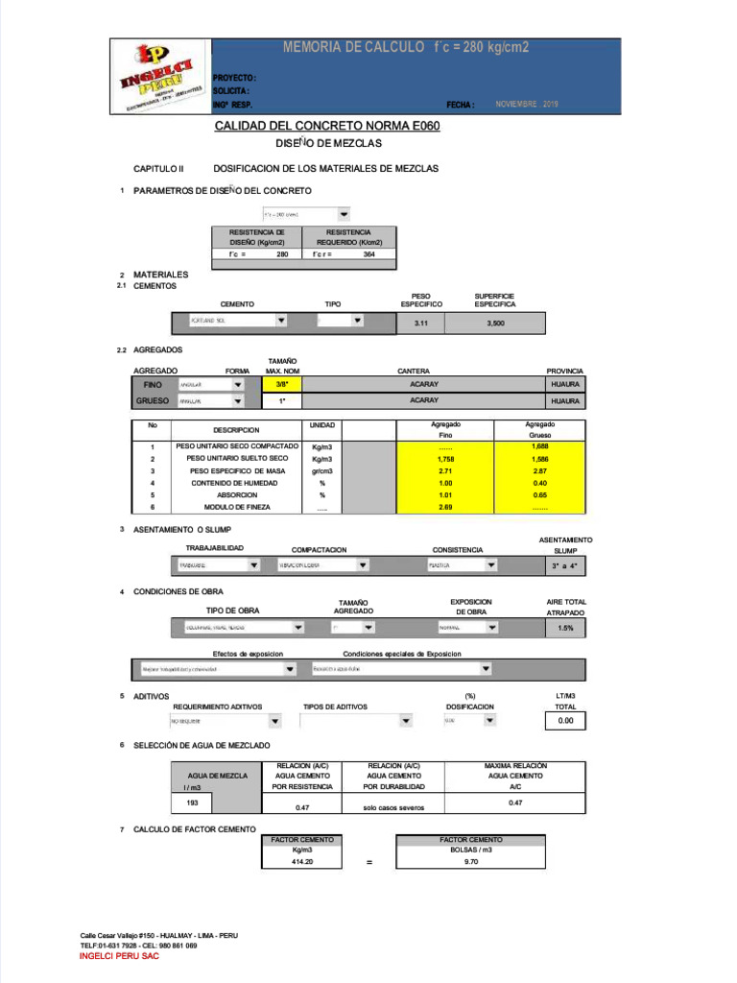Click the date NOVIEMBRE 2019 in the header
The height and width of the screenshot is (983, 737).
coord(526,104)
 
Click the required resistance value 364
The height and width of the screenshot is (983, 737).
coord(368,254)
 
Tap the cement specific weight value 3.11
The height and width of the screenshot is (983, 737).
coord(420,324)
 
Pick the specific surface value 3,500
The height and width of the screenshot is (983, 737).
coord(495,324)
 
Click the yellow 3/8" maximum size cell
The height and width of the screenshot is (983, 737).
coord(282,384)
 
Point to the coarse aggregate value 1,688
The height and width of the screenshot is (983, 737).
coord(539,446)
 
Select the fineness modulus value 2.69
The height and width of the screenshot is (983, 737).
coord(444,507)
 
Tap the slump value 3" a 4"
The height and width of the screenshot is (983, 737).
coord(566,566)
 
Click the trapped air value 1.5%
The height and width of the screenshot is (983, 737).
coord(566,628)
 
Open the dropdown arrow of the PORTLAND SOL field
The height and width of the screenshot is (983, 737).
coord(281,321)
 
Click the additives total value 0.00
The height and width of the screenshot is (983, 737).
coord(566,720)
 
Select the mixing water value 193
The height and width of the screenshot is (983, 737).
coord(192,803)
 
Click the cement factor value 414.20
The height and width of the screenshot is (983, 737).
coord(302,862)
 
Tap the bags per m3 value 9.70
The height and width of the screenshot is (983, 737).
coord(470,862)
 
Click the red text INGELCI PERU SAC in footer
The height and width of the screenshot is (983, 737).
coord(120,957)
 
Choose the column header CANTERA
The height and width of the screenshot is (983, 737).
coord(414,371)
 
